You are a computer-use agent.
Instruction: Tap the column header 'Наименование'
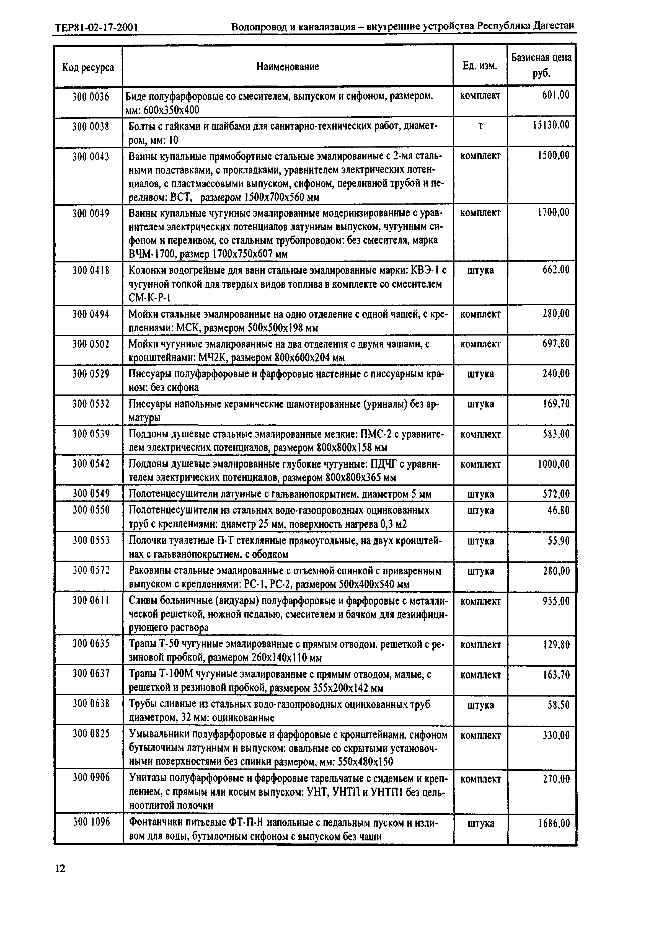point(288,66)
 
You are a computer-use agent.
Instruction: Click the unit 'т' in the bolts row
point(480,126)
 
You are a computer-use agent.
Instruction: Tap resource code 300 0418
point(91,270)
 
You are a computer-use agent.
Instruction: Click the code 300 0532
point(91,404)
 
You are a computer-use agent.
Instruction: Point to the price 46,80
point(559,510)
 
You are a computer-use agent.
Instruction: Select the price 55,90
point(559,540)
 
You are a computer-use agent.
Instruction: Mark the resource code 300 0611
point(91,601)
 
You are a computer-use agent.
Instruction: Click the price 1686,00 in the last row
point(553,823)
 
